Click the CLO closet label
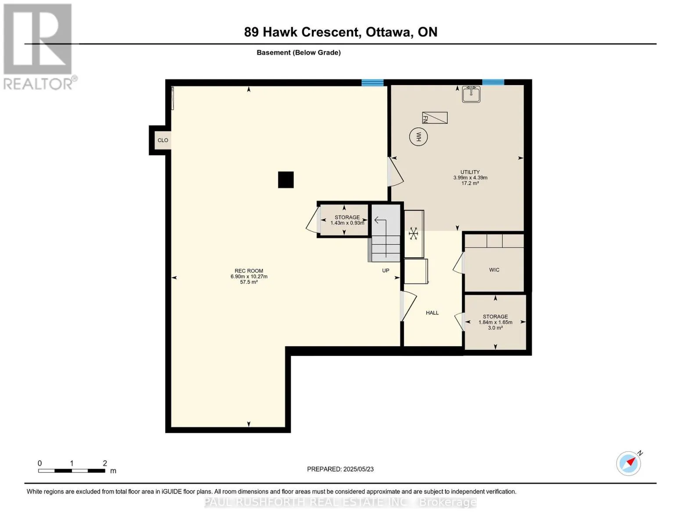tap(163, 140)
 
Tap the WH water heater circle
tap(418, 137)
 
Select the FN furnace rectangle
tap(435, 118)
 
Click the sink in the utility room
tap(471, 94)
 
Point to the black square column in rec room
tap(286, 180)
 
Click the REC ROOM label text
tap(249, 271)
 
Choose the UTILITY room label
tap(470, 172)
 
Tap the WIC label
tap(494, 270)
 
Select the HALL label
tap(432, 313)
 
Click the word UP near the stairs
tap(386, 270)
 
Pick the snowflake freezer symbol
tap(413, 234)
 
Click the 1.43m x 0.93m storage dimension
tap(347, 223)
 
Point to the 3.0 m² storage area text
tap(496, 328)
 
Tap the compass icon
tap(629, 463)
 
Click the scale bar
tap(71, 471)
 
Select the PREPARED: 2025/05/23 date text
tap(340, 469)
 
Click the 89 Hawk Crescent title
tap(341, 32)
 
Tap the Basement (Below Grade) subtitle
tap(299, 53)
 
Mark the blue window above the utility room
tap(493, 82)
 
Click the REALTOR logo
tap(39, 46)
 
